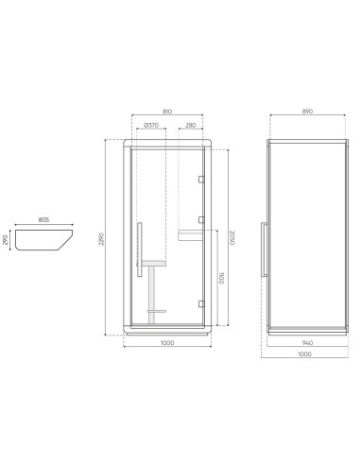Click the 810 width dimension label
click(166, 112)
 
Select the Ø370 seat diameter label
click(151, 125)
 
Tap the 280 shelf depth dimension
click(190, 125)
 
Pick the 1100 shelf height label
click(220, 280)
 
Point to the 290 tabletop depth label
click(8, 240)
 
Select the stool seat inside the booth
click(155, 263)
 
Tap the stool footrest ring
click(156, 309)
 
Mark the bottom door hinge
click(201, 302)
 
